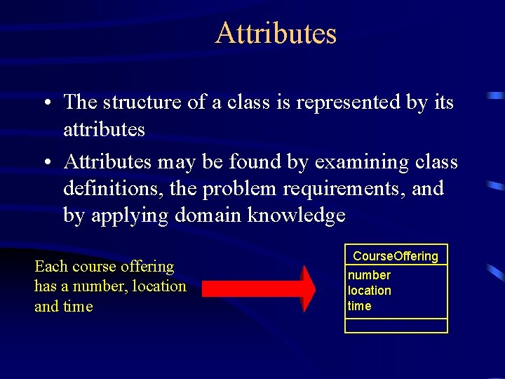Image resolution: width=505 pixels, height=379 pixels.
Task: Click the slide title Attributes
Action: coord(276,33)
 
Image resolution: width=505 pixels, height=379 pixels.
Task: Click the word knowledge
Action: coord(297,215)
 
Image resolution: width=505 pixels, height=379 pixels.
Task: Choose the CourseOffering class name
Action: coord(396,256)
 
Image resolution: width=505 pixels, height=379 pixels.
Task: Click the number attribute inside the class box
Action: coord(369,275)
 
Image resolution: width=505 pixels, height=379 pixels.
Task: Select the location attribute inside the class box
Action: coord(370,291)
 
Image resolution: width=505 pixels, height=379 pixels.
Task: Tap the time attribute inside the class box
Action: coord(359,306)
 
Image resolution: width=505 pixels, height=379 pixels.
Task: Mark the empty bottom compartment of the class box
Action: coord(396,326)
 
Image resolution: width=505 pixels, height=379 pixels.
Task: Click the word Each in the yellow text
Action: coord(51,267)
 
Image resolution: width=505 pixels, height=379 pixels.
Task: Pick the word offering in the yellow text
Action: coord(147,267)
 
